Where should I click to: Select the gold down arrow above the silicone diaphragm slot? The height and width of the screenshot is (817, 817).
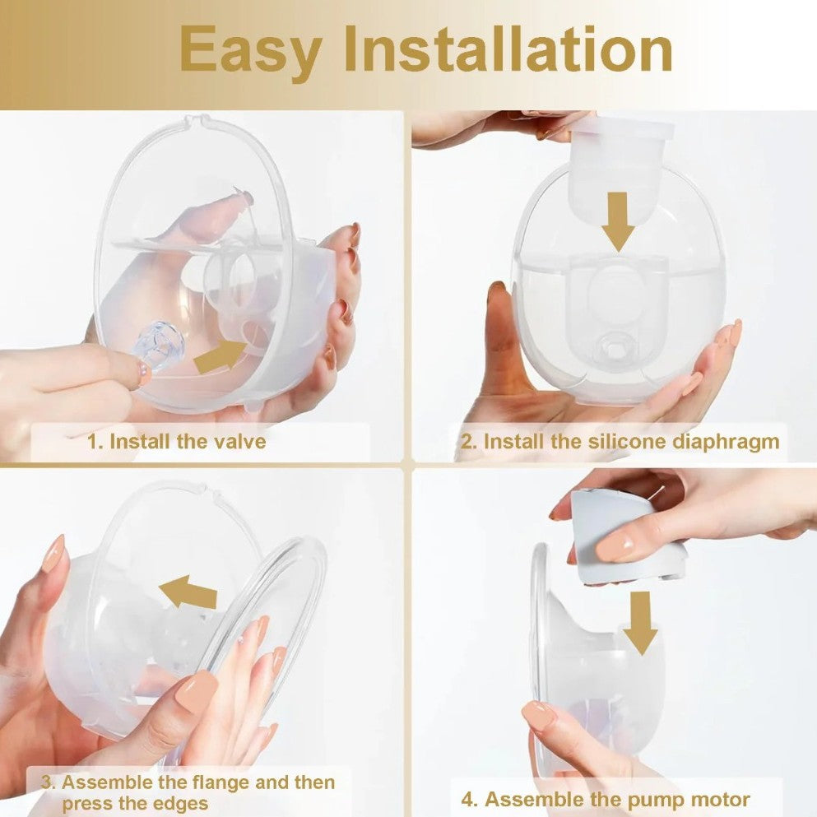click(x=618, y=222)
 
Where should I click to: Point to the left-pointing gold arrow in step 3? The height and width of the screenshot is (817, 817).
click(x=188, y=592)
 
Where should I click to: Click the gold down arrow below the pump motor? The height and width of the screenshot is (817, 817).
click(x=640, y=623)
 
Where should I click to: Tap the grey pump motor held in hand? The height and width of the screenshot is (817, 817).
click(x=625, y=536)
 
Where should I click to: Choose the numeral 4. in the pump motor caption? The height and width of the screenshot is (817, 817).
click(x=470, y=800)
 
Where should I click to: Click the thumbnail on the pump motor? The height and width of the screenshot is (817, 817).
click(x=615, y=547)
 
